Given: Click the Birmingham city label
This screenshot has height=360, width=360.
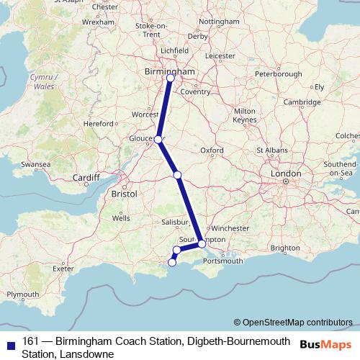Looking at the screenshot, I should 169,72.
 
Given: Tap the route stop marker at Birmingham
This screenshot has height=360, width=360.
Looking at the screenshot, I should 170,78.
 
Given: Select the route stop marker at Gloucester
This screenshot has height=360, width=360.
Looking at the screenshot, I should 158,140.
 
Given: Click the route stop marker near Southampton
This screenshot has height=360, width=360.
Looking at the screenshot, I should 202,244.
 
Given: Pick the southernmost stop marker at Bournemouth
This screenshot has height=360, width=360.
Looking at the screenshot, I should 171,262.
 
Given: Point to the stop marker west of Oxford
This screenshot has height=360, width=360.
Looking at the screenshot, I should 177,175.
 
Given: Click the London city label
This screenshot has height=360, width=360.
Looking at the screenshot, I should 285,174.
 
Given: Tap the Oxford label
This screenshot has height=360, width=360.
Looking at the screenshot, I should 212,150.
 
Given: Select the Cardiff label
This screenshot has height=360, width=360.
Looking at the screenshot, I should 86,177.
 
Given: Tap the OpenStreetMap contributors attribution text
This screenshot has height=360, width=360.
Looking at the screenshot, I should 297,323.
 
